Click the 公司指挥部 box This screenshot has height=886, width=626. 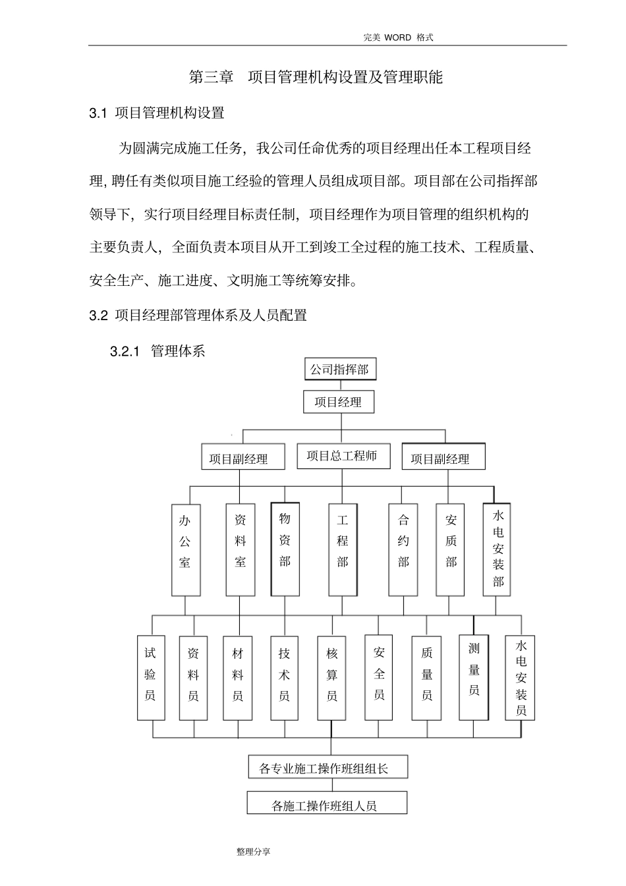point(339,370)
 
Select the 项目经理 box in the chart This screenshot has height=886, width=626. point(338,402)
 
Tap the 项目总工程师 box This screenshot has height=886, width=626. point(341,456)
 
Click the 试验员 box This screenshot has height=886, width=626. point(151,677)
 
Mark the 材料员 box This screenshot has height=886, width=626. point(238,677)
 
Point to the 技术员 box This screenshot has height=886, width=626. point(285,677)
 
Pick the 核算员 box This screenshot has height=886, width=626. point(332,677)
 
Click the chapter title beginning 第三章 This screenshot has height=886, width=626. point(316,77)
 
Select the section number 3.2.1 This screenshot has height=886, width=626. point(125,351)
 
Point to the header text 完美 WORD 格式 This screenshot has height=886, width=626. point(398,38)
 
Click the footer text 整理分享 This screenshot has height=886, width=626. point(254,852)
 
